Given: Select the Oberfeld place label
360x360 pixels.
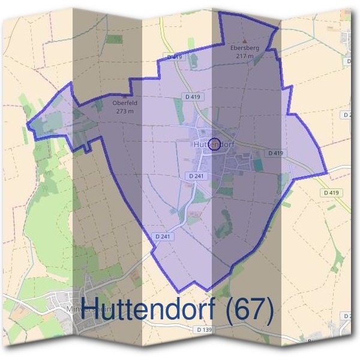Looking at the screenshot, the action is pos(124,103).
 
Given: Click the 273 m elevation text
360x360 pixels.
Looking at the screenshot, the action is pos(124,110).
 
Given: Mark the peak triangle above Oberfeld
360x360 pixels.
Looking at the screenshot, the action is pos(124,95).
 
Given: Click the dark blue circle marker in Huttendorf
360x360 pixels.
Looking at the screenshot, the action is pos(214,143).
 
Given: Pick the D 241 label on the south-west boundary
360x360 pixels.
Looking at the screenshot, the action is pos(163,236).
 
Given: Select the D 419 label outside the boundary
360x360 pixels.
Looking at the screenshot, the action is pos(330,193).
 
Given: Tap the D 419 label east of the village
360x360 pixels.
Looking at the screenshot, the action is pos(275,153).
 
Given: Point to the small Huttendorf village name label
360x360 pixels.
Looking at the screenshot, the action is pos(213,145).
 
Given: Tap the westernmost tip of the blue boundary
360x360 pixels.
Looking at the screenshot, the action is pos(28,125).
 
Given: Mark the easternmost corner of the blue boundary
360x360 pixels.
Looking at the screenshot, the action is pos(327,173).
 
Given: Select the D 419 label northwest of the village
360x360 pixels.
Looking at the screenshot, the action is pos(193,97).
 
